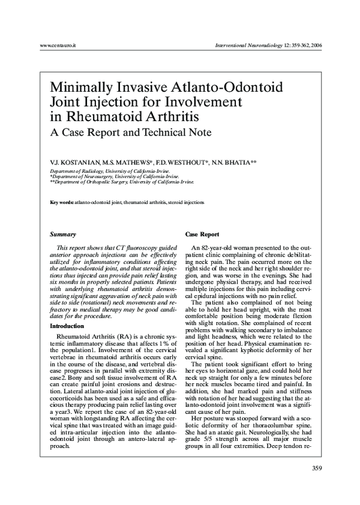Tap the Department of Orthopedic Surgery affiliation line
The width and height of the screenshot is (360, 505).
click(122, 181)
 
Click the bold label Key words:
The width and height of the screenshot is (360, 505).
click(62, 203)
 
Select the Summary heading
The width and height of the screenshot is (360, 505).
click(62, 234)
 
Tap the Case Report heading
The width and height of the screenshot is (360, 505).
click(202, 234)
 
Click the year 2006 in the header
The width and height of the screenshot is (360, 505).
click(313, 46)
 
